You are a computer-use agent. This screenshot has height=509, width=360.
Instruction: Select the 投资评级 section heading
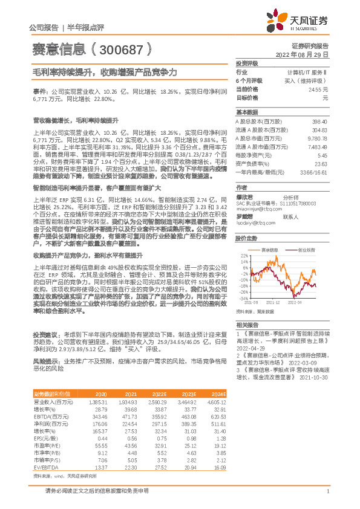click(x=246, y=63)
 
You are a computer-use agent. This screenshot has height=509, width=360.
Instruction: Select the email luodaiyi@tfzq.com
click(x=253, y=224)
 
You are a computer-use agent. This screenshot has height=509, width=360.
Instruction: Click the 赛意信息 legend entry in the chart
click(x=269, y=250)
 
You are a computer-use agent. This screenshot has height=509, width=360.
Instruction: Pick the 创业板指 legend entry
click(x=306, y=250)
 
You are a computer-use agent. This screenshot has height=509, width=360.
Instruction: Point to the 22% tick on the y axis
click(x=244, y=256)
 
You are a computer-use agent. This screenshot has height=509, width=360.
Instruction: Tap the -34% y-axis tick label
click(x=243, y=298)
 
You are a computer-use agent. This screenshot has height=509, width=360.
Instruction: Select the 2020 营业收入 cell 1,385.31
click(x=97, y=401)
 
